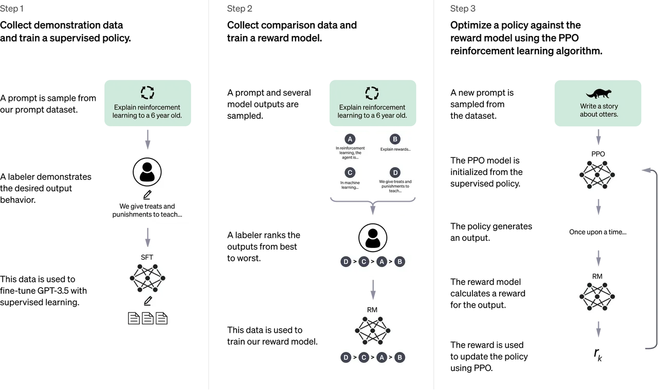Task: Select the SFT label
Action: (148, 257)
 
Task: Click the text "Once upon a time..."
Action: (598, 232)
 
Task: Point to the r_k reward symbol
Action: (598, 354)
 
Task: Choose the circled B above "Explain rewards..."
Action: (395, 139)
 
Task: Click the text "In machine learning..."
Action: (350, 185)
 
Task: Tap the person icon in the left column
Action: (148, 172)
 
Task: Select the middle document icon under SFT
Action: (148, 318)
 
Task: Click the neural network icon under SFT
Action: (148, 278)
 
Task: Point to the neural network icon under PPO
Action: (597, 175)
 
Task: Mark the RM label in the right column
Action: (597, 276)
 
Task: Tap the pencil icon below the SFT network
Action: (148, 300)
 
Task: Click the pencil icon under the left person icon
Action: (148, 194)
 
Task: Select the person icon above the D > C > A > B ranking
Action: (373, 237)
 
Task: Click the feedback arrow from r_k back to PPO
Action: (653, 257)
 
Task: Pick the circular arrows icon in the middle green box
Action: (372, 93)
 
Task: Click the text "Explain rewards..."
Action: (395, 150)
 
